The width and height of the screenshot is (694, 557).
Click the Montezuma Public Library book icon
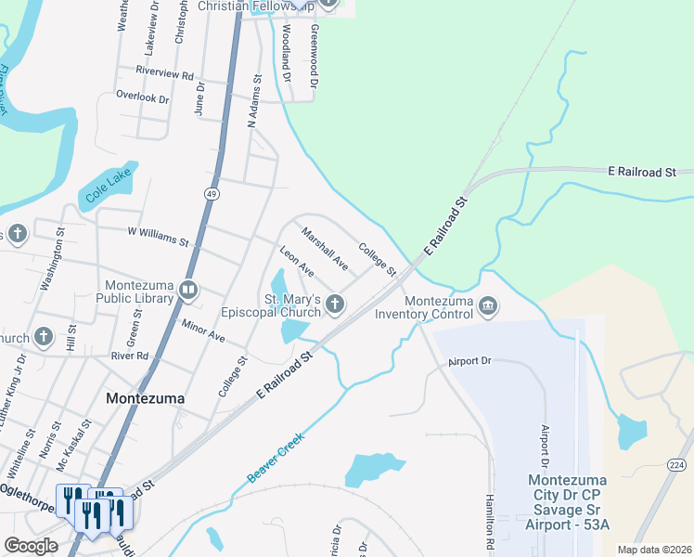[188, 291]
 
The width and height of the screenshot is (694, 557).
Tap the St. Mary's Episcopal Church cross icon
[334, 304]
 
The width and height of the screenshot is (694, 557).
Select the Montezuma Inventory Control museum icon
[488, 305]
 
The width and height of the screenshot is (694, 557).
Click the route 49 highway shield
[212, 193]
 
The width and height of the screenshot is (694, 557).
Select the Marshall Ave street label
[325, 250]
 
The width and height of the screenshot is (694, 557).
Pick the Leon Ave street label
[297, 261]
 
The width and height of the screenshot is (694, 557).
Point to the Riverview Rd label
[164, 71]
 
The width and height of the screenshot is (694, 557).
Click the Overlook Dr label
[142, 97]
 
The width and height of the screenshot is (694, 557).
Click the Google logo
[31, 546]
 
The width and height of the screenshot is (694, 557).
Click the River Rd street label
[129, 356]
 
